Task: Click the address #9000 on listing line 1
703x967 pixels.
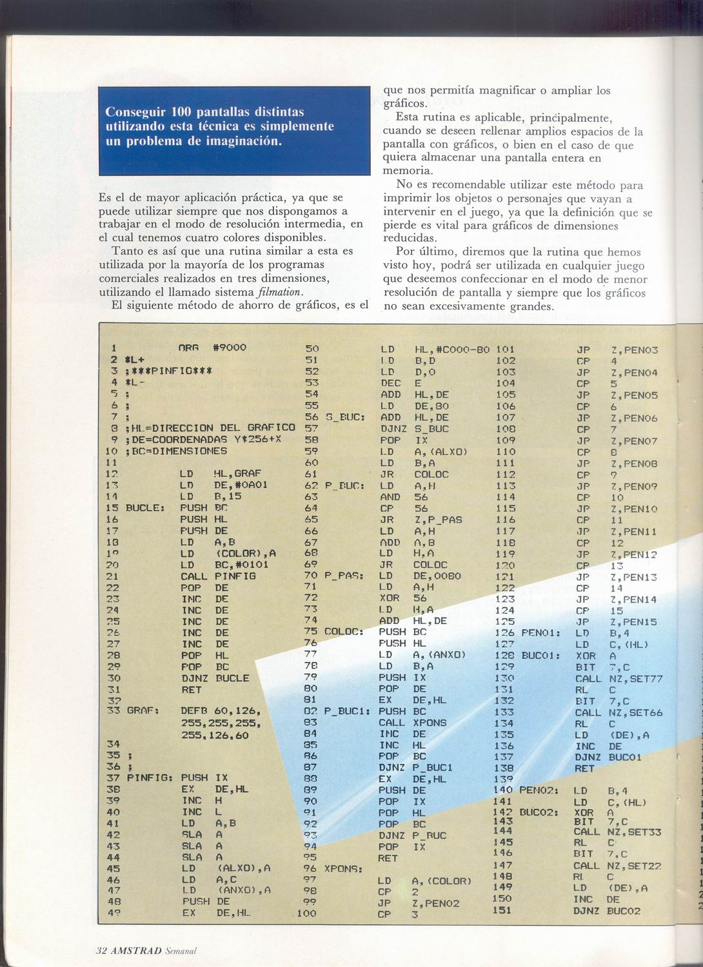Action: [x=230, y=347]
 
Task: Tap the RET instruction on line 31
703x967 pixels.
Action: [x=192, y=689]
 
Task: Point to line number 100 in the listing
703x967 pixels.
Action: [x=307, y=913]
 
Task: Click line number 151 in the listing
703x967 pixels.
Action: [x=502, y=910]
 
